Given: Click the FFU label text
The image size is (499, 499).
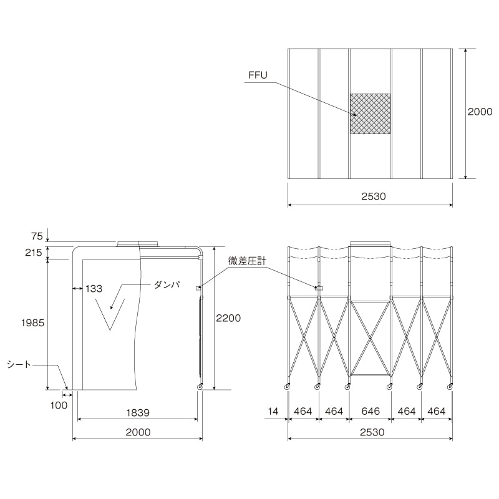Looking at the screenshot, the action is coord(258,75).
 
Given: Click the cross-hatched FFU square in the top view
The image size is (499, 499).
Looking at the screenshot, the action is coord(370,114).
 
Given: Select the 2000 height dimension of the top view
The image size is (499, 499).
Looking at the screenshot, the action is coord(480,112).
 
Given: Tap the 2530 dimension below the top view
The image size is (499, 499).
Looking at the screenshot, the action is coord(374,196).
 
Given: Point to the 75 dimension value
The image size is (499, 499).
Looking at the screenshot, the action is coord(37,236).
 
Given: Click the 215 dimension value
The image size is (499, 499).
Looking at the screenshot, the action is coord(34,253).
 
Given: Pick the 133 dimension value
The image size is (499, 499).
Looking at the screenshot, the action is coord(94,289).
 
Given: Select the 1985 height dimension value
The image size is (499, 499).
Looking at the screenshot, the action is coord(33,323).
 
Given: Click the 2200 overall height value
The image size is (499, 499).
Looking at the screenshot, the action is coord(228,318).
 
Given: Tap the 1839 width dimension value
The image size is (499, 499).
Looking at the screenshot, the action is coord(138,413).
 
